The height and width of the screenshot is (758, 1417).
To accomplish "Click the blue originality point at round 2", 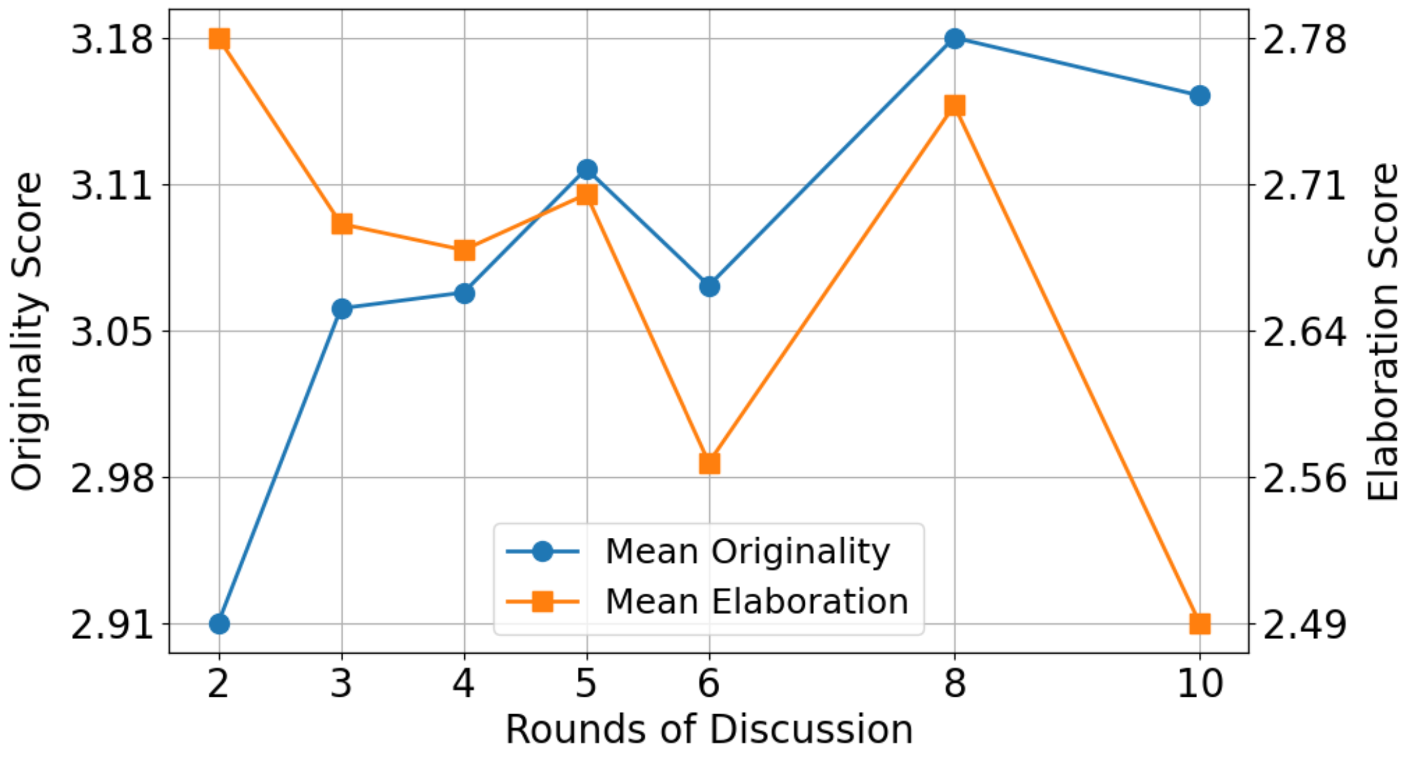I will (x=219, y=624).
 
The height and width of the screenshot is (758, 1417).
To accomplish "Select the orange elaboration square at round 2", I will (x=219, y=39).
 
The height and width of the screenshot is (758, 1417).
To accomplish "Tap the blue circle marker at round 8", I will (x=954, y=38).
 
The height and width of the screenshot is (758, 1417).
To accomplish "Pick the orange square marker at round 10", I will (x=1200, y=623).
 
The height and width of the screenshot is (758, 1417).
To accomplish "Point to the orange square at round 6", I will (x=709, y=463).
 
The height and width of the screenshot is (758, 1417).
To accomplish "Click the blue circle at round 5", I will (x=587, y=169).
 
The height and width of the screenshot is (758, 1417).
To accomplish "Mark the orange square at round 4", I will (x=464, y=250).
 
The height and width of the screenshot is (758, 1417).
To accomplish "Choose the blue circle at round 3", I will (x=342, y=309).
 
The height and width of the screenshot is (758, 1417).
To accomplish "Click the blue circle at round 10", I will (x=1200, y=96).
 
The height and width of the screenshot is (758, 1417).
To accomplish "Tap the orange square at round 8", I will (x=954, y=106).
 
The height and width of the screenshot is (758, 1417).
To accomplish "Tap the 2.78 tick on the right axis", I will (x=1305, y=40).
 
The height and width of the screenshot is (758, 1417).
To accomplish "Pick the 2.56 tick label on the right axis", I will (x=1305, y=479).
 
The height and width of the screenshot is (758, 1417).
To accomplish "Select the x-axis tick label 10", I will (x=1200, y=684).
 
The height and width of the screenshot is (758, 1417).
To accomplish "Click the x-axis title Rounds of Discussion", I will (x=709, y=730).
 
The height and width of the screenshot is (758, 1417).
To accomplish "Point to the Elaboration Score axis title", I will (x=1383, y=331).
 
